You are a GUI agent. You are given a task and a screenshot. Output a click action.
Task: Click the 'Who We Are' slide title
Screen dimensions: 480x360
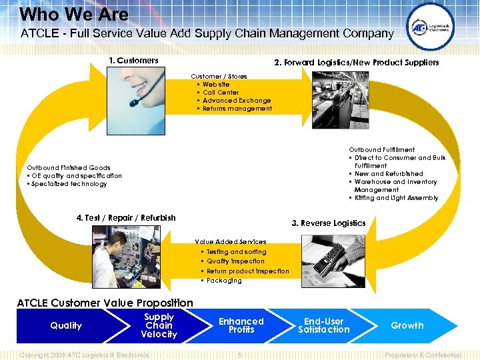coord(74,14)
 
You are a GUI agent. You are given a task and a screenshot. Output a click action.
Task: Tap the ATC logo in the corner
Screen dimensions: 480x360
coord(430,27)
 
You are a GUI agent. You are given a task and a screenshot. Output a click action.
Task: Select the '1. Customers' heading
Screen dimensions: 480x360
coord(133,61)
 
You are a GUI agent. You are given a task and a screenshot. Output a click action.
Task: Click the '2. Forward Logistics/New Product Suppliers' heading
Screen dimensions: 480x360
coord(357,63)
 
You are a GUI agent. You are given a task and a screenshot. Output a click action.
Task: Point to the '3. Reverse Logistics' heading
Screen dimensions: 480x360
coord(329,223)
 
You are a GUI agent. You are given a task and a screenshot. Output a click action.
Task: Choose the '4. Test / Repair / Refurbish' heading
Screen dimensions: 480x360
coord(126,218)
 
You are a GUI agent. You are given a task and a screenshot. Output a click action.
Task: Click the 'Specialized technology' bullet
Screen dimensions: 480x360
coord(69,184)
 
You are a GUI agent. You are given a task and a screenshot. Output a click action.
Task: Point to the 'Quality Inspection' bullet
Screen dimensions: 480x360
coord(235,261)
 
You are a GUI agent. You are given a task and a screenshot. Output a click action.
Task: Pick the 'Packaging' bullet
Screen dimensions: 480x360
coord(224,281)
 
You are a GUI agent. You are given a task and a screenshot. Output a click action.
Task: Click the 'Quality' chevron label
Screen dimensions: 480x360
coord(66,326)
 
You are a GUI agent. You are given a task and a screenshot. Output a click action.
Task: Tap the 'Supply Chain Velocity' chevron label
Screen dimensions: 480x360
coord(159,325)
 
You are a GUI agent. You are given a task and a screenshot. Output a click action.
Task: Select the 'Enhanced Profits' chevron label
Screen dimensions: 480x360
coord(241,325)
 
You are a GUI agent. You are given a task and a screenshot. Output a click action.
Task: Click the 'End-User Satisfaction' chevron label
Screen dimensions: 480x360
coord(324,325)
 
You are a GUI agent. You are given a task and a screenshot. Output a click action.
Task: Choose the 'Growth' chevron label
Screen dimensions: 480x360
coord(407,325)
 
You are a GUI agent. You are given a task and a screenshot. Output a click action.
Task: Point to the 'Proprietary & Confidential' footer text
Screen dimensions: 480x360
coord(423,355)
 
